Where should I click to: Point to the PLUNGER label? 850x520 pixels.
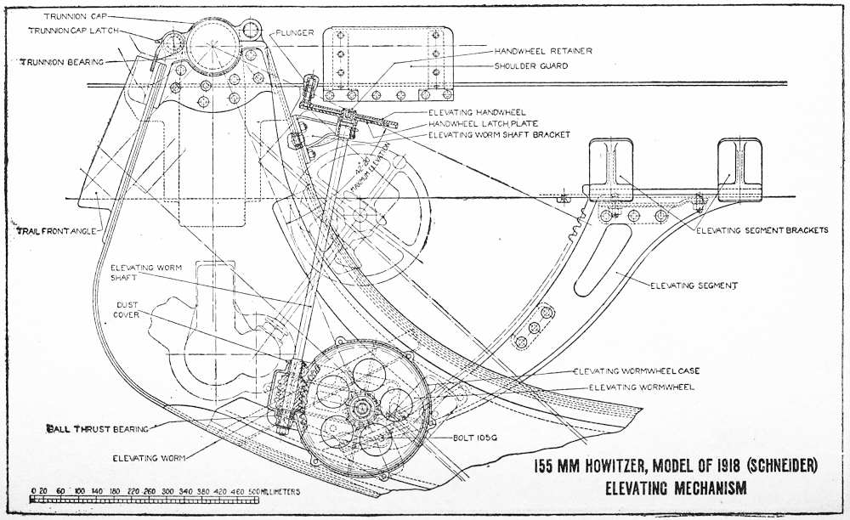click(x=295, y=32)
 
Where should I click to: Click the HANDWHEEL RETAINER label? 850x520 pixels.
click(x=544, y=50)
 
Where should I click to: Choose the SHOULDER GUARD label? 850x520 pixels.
click(x=531, y=65)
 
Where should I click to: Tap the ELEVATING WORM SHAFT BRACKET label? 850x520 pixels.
click(x=499, y=135)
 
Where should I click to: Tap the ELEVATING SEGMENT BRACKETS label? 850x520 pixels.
click(x=762, y=230)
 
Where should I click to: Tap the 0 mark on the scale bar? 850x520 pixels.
click(x=32, y=491)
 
